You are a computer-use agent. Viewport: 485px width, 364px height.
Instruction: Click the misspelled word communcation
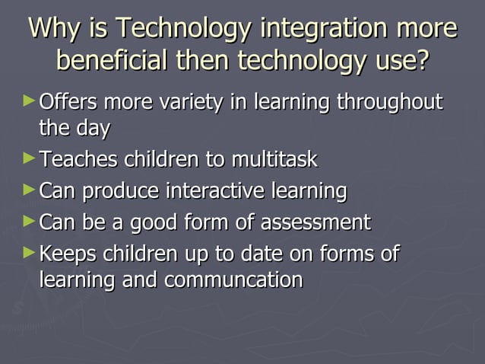pyautogui.click(x=234, y=279)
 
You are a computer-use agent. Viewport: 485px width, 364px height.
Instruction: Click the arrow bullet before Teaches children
pyautogui.click(x=29, y=158)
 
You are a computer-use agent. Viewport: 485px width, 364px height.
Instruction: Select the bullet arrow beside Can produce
pyautogui.click(x=29, y=189)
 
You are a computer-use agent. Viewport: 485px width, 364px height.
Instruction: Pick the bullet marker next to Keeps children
pyautogui.click(x=29, y=251)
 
